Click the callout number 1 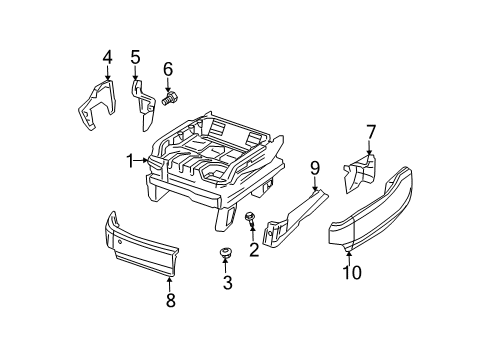130,160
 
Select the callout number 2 253,250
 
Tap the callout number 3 227,284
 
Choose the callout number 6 168,68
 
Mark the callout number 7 371,131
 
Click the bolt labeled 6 169,98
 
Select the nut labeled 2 247,219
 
